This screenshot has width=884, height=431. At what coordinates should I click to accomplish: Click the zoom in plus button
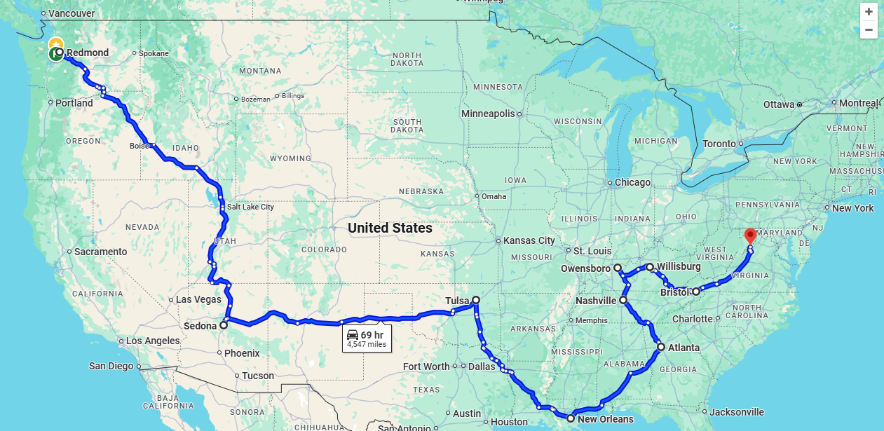[x=869, y=12]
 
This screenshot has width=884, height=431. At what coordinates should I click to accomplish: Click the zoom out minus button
[x=869, y=29]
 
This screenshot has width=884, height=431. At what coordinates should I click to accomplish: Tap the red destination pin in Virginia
[x=750, y=235]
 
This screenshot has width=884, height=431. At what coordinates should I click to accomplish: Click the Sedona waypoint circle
[x=224, y=325]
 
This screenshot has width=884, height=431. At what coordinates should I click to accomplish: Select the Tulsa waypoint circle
[x=476, y=300]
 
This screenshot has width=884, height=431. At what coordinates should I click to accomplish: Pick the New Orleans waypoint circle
[x=571, y=418]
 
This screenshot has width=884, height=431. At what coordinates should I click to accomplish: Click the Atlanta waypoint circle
[x=661, y=347]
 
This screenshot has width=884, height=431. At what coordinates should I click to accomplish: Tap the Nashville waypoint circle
[x=623, y=300]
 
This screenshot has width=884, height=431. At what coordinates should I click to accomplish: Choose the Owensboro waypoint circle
[x=618, y=268]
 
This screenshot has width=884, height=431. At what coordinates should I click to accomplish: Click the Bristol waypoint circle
[x=695, y=292]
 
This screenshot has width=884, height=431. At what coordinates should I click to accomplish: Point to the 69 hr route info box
[x=367, y=338]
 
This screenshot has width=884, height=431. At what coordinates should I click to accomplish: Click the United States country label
[x=390, y=228]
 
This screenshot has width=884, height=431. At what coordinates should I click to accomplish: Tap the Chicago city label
[x=632, y=182]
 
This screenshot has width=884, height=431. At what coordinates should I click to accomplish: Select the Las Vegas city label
[x=198, y=299]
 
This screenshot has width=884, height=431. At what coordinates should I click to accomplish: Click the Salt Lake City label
[x=250, y=207]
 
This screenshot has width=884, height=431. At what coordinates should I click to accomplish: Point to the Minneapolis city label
[x=488, y=114]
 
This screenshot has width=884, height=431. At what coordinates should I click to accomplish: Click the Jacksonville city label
[x=737, y=412]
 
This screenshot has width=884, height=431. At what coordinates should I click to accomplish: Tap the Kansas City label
[x=529, y=240]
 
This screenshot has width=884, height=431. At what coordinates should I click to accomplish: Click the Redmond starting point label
[x=88, y=53]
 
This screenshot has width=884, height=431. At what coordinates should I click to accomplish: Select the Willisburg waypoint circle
[x=650, y=267]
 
